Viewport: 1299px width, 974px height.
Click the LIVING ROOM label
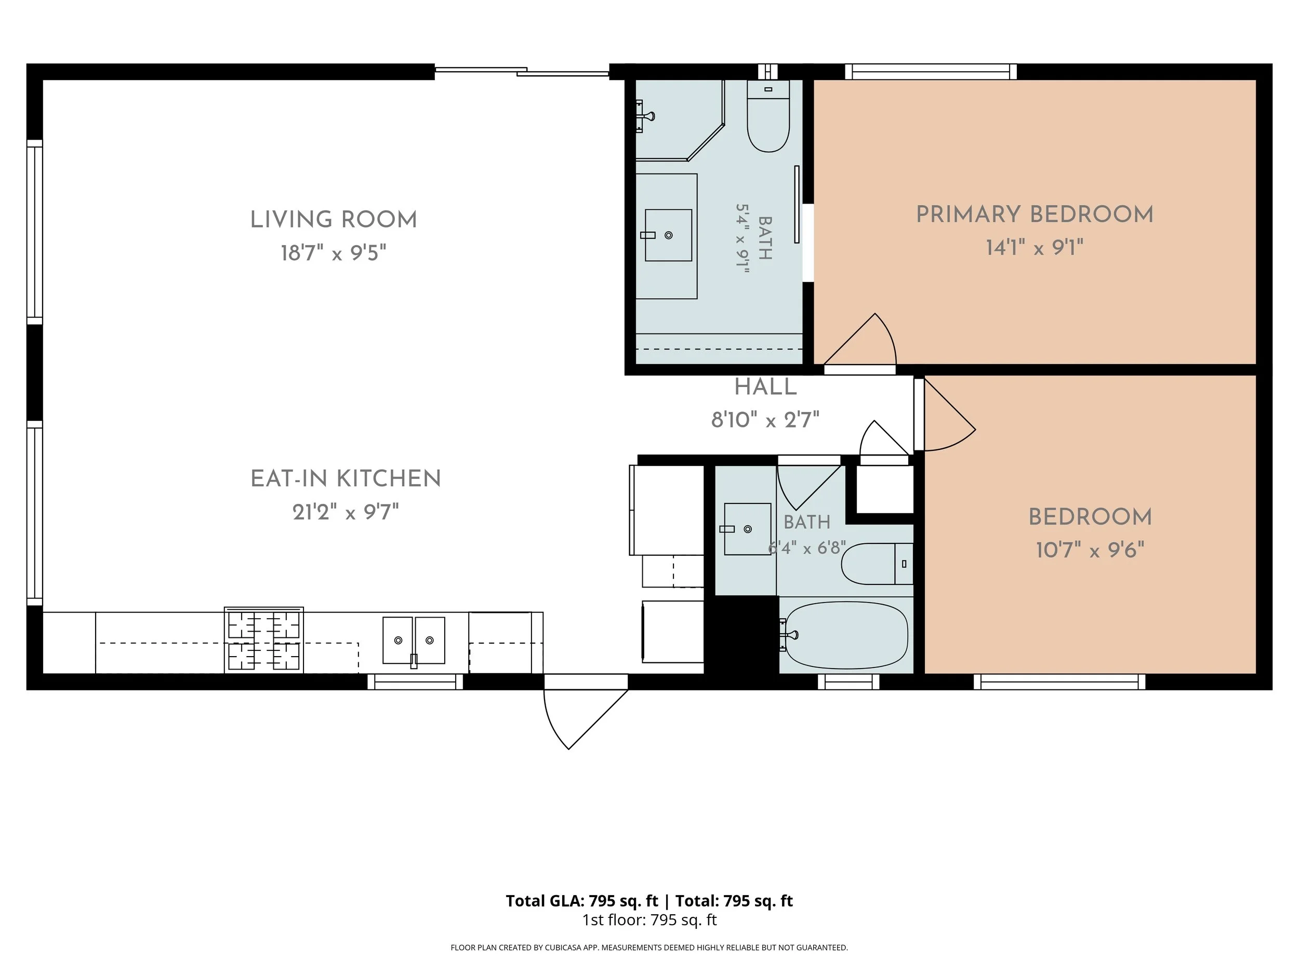[334, 220]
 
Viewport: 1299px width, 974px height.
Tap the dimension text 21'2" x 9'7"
[346, 512]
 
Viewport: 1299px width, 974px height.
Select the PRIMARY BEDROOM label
[1035, 215]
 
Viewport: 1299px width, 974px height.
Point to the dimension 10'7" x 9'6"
[1090, 550]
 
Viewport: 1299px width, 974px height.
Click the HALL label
[765, 387]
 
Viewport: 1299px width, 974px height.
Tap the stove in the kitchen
[263, 640]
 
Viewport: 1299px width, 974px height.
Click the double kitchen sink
[414, 641]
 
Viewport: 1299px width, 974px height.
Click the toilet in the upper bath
[768, 116]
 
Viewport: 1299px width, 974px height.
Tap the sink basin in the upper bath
[668, 235]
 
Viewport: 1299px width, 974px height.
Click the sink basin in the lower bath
[748, 529]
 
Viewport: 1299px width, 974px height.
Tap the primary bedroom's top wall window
[931, 72]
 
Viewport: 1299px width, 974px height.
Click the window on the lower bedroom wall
[1059, 682]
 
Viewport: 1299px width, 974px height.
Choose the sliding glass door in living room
[522, 71]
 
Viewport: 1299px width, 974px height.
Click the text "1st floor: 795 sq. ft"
[649, 920]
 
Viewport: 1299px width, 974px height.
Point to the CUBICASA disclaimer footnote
[649, 948]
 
